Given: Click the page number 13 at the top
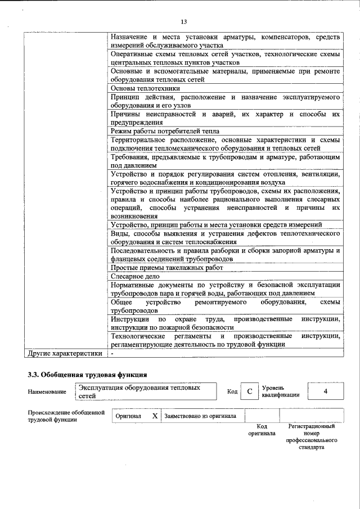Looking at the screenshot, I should click(x=183, y=21).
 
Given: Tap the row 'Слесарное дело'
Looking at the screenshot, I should click(x=136, y=276).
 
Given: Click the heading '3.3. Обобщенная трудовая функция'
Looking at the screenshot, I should click(x=88, y=374).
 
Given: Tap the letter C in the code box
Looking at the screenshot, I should click(x=249, y=391).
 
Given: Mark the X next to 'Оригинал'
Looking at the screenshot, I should click(x=155, y=416).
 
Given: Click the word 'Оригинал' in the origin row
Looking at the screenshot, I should click(x=128, y=416).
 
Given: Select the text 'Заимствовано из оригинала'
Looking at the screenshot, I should click(x=200, y=416).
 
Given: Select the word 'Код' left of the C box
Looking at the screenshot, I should click(x=232, y=391).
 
